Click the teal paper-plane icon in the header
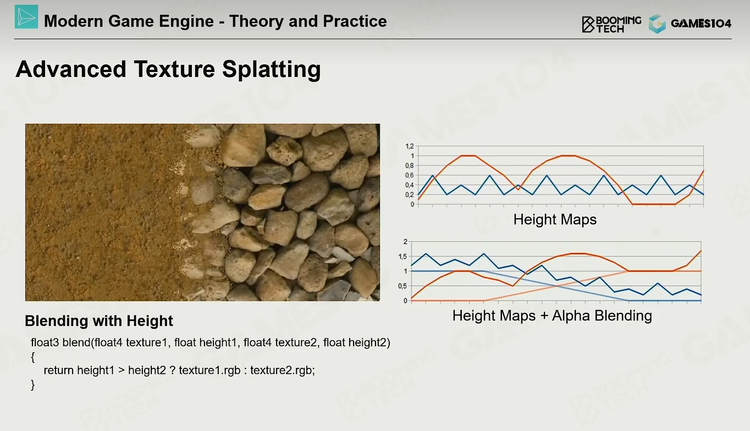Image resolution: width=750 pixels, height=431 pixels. [x=26, y=16]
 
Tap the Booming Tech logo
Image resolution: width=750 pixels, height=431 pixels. [x=611, y=24]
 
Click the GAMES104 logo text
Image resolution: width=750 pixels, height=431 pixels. [x=701, y=24]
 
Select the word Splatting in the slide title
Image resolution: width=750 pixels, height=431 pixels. [x=271, y=70]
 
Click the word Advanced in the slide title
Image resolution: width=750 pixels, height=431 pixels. [x=70, y=69]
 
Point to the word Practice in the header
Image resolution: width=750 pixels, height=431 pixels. [x=355, y=21]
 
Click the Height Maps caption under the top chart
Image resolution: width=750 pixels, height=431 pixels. [x=555, y=219]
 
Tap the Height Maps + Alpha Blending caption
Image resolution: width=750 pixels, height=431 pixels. [x=552, y=316]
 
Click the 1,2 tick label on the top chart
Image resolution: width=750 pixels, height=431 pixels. [x=410, y=146]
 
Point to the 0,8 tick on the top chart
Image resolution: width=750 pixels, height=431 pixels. [x=410, y=165]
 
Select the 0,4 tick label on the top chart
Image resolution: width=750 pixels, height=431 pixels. [x=410, y=185]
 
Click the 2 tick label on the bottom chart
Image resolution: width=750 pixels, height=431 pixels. [x=405, y=241]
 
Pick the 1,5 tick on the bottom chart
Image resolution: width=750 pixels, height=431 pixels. [x=402, y=257]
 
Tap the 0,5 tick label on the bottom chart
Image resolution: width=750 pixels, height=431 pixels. [x=402, y=286]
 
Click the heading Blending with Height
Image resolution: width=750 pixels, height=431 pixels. [x=99, y=321]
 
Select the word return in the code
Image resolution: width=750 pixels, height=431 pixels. [x=59, y=371]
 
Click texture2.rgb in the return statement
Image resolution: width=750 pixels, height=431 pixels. [x=283, y=371]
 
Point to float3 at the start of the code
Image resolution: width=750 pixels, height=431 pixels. [x=45, y=342]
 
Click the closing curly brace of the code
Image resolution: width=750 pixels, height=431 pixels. [x=32, y=385]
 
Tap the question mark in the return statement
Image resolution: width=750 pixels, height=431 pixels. [x=172, y=370]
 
